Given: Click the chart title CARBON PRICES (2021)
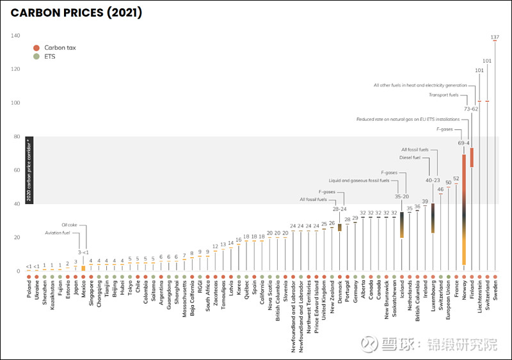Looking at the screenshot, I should (x=77, y=13).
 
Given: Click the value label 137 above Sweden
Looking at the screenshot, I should (x=495, y=37).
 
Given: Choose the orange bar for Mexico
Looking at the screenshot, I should (x=83, y=268).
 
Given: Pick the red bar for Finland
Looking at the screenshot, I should (x=472, y=157).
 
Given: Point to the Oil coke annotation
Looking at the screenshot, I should (x=69, y=224).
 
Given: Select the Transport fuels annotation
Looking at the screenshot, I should (x=444, y=95).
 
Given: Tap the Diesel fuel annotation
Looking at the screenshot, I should (x=410, y=157).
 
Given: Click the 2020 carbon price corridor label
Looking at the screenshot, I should (x=29, y=170).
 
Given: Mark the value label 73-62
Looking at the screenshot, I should (x=471, y=109).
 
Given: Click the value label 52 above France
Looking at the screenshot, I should (x=456, y=179).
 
